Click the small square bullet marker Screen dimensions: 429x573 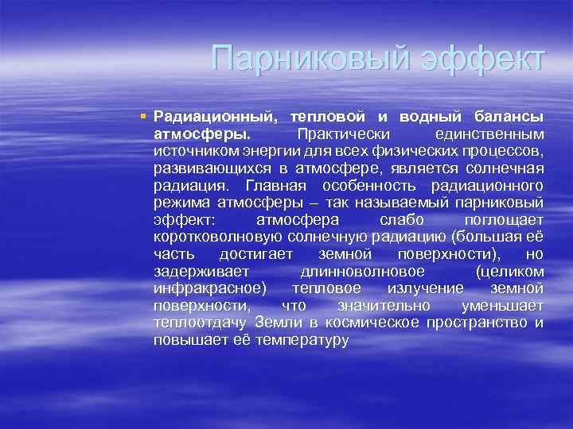click(142, 117)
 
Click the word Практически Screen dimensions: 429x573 click(339, 133)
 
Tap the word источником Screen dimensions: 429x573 click(192, 150)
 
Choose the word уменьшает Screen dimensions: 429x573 click(503, 306)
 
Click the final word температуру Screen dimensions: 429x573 click(302, 340)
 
